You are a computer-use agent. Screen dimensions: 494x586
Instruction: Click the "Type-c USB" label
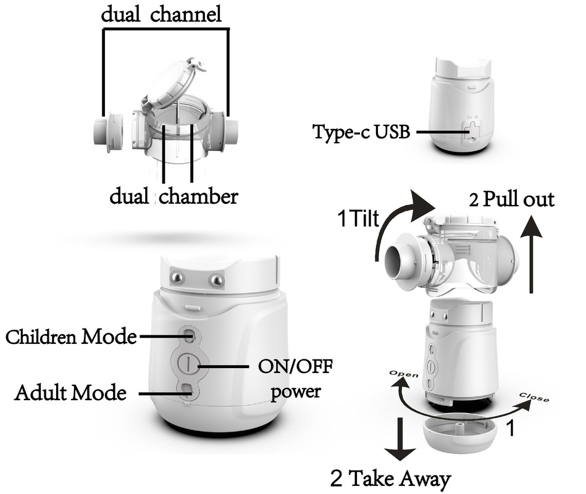[x=361, y=132]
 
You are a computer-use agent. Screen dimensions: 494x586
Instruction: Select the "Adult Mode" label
[x=70, y=393]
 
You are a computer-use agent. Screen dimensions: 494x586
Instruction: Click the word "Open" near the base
[x=404, y=375]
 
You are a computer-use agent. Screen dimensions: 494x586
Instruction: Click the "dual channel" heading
[x=161, y=14]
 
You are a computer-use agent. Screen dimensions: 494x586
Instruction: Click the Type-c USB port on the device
[x=473, y=132]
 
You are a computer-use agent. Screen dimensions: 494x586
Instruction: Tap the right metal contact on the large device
[x=216, y=280]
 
